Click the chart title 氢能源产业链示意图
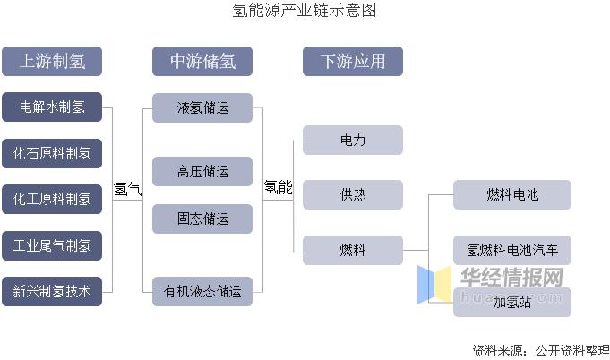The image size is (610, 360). (x=305, y=11)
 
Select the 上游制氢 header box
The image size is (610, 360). (x=51, y=62)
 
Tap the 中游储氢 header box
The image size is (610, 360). (x=202, y=62)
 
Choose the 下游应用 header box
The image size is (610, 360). (x=352, y=62)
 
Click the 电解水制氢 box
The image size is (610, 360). (x=51, y=107)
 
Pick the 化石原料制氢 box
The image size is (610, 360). (x=51, y=153)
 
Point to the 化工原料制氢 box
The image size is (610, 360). (x=51, y=199)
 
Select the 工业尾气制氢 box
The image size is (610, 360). (x=51, y=244)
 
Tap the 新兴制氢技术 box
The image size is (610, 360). (x=51, y=290)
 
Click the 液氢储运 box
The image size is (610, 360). (x=202, y=108)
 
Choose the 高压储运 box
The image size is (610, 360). (x=202, y=171)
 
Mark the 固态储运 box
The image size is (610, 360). (x=202, y=219)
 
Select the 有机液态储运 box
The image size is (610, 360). (x=202, y=290)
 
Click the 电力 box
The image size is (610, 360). (x=352, y=141)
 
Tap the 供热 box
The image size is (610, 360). (x=352, y=194)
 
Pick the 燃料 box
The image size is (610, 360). (x=352, y=249)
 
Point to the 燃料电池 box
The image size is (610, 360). (x=511, y=194)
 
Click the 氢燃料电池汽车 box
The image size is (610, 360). (x=511, y=249)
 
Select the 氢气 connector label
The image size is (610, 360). (x=127, y=189)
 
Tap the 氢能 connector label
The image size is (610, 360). (x=278, y=188)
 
